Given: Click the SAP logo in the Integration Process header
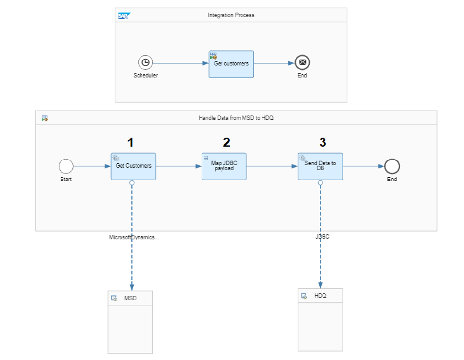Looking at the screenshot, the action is point(124,16).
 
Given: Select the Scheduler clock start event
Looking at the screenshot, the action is point(145,62).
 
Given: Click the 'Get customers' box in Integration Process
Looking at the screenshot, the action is point(231,64).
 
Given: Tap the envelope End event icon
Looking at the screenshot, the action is point(302,62).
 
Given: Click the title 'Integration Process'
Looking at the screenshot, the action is point(231,15).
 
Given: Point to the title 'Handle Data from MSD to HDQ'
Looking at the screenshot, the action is point(236,118).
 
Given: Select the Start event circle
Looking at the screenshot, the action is point(66,166).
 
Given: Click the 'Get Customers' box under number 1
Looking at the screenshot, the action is point(134,166).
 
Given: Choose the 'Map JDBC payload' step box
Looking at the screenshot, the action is point(224,166).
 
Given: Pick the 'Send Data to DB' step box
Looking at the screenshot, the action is point(320,166).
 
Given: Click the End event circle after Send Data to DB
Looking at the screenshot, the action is point(392,166).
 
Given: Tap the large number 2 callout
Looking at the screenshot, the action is point(227,142).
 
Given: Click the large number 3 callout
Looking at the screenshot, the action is point(323,142).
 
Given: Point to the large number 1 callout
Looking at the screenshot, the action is point(130,142).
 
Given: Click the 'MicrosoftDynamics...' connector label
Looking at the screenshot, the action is point(134,237).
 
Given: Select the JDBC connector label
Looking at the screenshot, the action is point(322,237).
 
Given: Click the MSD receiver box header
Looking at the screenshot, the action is point(130,298).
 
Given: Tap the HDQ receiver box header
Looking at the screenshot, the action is point(320,296).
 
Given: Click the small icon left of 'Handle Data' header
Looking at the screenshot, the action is point(45,119).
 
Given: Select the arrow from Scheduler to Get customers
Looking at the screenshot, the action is point(181,63).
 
